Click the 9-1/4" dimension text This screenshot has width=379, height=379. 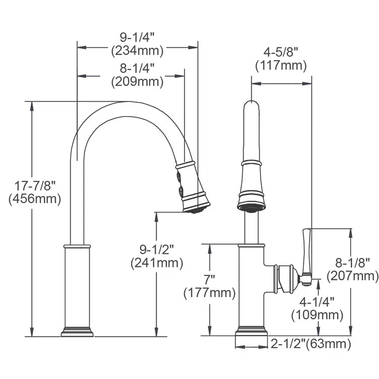tap(137, 37)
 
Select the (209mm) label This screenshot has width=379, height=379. tap(137, 81)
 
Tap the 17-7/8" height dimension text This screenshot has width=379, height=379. tap(34, 185)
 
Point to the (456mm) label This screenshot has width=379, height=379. tap(34, 199)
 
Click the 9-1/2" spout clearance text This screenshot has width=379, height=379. tap(156, 249)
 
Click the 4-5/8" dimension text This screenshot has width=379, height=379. tap(281, 52)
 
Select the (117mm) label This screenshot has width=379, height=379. tap(281, 65)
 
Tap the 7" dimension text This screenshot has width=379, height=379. tap(209, 279)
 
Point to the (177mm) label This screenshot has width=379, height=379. tap(209, 292)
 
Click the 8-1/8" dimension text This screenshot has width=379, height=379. tap(352, 262)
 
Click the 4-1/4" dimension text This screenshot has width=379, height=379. tap(317, 302)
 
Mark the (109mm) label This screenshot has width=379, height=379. tap(317, 315)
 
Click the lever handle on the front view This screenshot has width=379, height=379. tap(307, 253)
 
